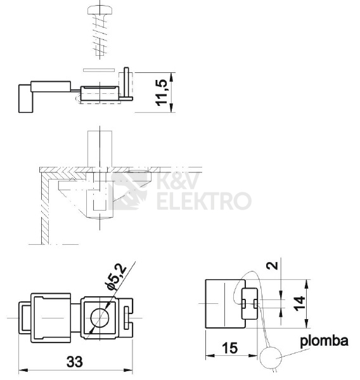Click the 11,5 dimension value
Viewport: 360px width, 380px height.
pyautogui.click(x=161, y=93)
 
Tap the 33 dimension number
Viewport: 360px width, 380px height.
pyautogui.click(x=75, y=362)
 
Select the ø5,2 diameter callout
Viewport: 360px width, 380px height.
pyautogui.click(x=117, y=277)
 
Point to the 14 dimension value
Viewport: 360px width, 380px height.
pyautogui.click(x=299, y=303)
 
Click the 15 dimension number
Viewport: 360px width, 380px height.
pyautogui.click(x=229, y=348)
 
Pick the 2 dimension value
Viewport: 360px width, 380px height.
pyautogui.click(x=272, y=265)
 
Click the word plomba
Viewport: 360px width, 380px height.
pyautogui.click(x=324, y=341)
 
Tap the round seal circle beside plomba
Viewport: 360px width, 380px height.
pyautogui.click(x=271, y=357)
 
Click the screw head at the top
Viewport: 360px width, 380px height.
pyautogui.click(x=100, y=10)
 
